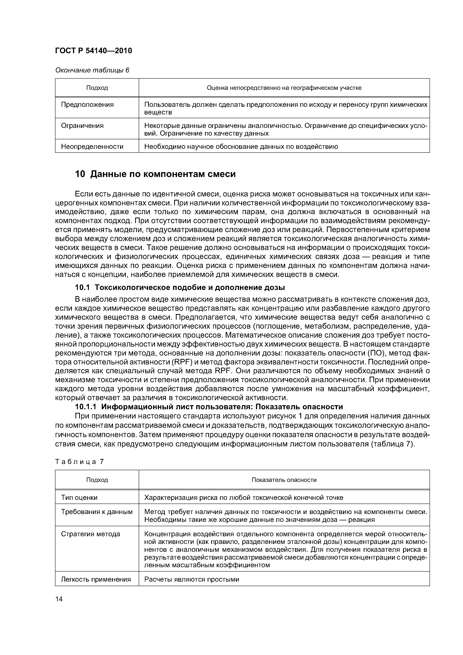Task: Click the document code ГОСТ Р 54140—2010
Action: pyautogui.click(x=93, y=51)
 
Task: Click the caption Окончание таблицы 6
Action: pyautogui.click(x=92, y=70)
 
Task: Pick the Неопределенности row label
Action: pyautogui.click(x=92, y=146)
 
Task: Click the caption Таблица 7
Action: pyautogui.click(x=79, y=462)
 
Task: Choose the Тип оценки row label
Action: pyautogui.click(x=79, y=498)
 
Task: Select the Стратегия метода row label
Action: pyautogui.click(x=90, y=534)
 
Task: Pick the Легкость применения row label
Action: pyautogui.click(x=96, y=579)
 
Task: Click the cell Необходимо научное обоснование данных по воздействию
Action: pyautogui.click(x=241, y=146)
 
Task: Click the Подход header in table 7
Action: pyautogui.click(x=97, y=480)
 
